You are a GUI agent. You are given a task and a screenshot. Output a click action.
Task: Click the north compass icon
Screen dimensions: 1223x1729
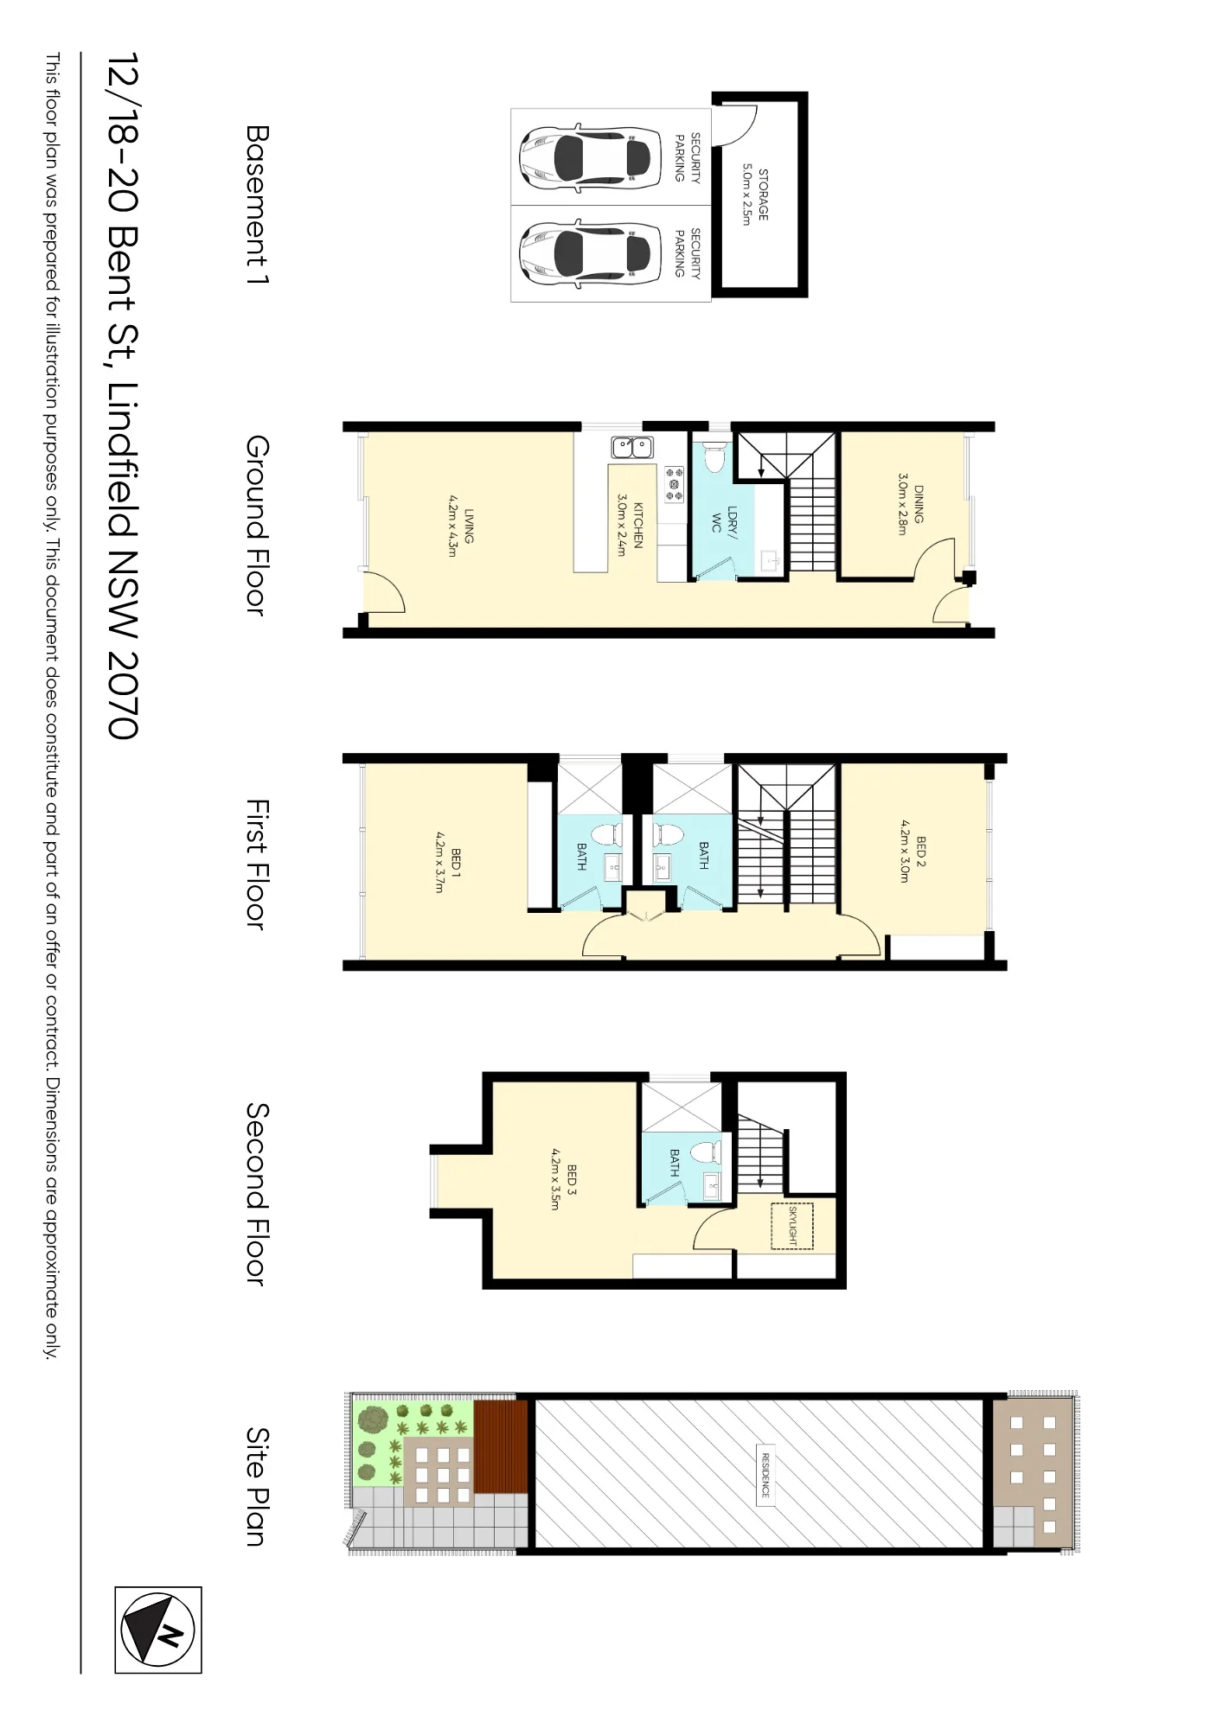[158, 1630]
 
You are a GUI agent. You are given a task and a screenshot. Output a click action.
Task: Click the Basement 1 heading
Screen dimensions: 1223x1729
[258, 205]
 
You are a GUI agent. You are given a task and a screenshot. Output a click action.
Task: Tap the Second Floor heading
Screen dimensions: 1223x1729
[258, 1194]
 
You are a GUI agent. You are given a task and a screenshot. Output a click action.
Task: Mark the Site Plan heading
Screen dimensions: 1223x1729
[258, 1486]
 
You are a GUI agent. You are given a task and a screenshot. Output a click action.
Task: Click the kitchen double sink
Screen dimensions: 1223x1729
[632, 447]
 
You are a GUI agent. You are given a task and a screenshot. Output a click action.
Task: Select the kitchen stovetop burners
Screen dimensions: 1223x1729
[674, 484]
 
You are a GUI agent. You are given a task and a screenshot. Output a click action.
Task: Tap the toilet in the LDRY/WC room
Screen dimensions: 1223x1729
[714, 457]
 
